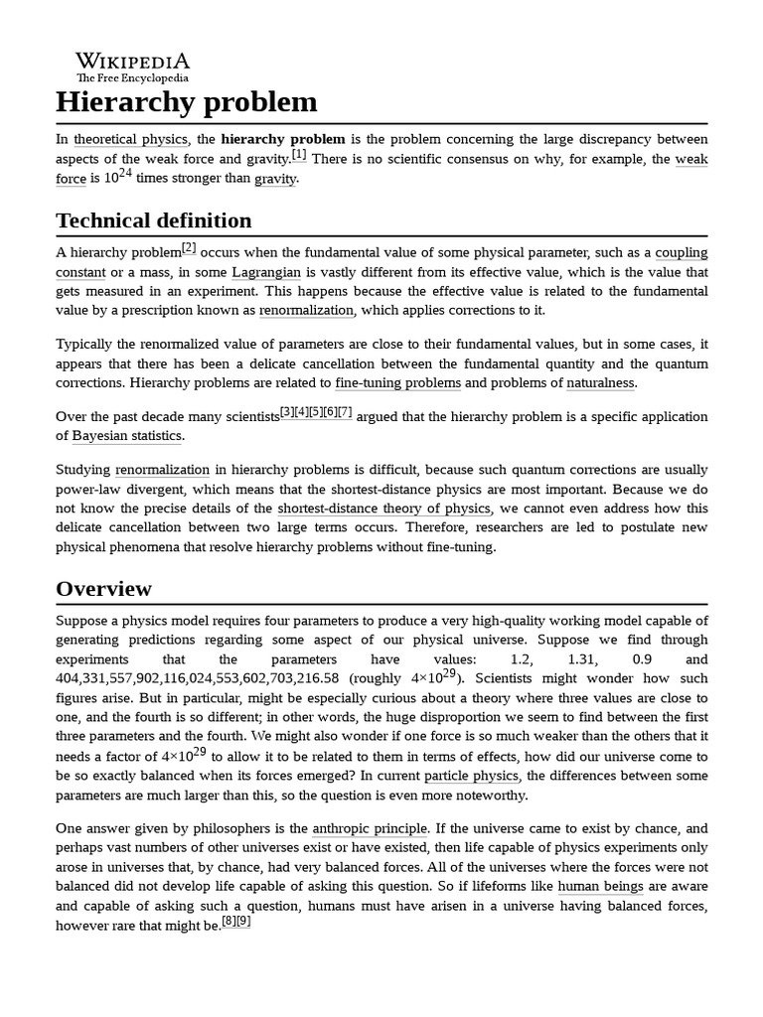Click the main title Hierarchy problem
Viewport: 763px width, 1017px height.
pos(187,101)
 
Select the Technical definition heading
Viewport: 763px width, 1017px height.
pos(154,219)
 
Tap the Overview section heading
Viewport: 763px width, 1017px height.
pos(104,588)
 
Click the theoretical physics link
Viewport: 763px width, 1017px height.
pos(130,139)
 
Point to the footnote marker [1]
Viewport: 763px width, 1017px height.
pos(299,154)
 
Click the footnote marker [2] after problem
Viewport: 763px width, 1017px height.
pos(189,247)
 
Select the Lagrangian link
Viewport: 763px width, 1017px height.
pos(266,272)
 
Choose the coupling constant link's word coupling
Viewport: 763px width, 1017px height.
pos(682,253)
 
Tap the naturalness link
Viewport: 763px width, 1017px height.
pos(600,382)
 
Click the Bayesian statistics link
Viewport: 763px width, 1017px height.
pos(128,435)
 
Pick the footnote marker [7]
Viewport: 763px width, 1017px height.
pos(344,411)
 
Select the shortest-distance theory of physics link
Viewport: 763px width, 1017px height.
pos(383,508)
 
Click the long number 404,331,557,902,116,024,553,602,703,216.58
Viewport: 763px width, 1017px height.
pos(198,678)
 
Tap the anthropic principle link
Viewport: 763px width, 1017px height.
pos(371,828)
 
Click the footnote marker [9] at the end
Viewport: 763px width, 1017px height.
pos(244,921)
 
